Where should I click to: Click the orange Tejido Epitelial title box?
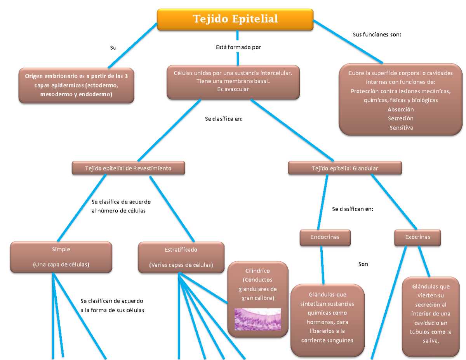pyautogui.click(x=235, y=19)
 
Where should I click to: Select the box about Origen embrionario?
pyautogui.click(x=77, y=85)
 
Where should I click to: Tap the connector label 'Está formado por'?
pyautogui.click(x=238, y=47)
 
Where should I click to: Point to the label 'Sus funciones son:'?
pyautogui.click(x=377, y=35)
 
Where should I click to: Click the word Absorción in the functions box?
pyautogui.click(x=400, y=110)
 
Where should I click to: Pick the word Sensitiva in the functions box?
pyautogui.click(x=401, y=128)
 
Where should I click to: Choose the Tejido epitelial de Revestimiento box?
pyautogui.click(x=128, y=168)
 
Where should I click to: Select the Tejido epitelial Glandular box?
pyautogui.click(x=345, y=168)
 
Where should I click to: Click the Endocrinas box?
pyautogui.click(x=325, y=237)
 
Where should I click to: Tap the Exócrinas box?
pyautogui.click(x=417, y=237)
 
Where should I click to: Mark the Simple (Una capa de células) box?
pyautogui.click(x=61, y=257)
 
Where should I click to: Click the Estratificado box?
pyautogui.click(x=181, y=257)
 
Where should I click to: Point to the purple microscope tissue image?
pyautogui.click(x=257, y=319)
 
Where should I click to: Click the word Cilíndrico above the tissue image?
pyautogui.click(x=257, y=271)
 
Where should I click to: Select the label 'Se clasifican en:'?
pyautogui.click(x=353, y=209)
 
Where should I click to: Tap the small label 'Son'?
pyautogui.click(x=363, y=264)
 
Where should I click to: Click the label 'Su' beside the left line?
pyautogui.click(x=113, y=48)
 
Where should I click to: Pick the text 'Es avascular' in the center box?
pyautogui.click(x=233, y=89)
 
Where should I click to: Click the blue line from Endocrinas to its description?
pyautogui.click(x=322, y=265)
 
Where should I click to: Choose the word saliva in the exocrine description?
pyautogui.click(x=430, y=341)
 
